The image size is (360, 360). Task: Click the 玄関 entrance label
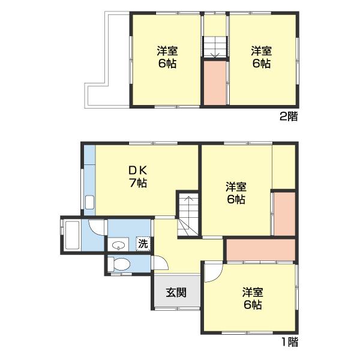(x=176, y=293)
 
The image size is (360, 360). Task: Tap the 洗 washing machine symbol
(x=143, y=244)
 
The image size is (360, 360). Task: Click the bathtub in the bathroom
(x=72, y=235)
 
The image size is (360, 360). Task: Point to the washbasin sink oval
(x=118, y=245)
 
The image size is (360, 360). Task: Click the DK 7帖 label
(x=138, y=177)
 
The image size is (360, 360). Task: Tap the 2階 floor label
(x=289, y=117)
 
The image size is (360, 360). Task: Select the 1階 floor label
(x=290, y=342)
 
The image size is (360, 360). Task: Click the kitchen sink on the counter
(x=89, y=202)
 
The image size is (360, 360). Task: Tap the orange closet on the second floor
(x=215, y=83)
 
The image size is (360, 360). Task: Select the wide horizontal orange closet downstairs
(x=261, y=250)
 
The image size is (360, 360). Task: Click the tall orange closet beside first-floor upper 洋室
(x=284, y=214)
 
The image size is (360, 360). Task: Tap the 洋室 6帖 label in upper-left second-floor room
(x=167, y=57)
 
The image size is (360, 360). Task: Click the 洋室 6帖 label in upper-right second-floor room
(x=262, y=57)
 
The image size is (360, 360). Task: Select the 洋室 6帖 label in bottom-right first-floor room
(x=253, y=298)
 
